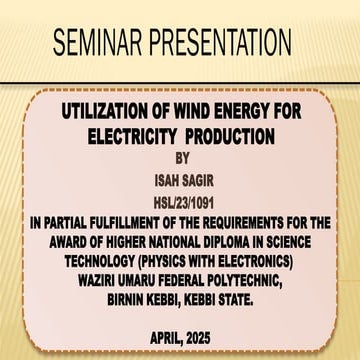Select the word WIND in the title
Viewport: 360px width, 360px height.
click(198, 112)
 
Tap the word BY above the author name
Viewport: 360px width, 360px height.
click(180, 155)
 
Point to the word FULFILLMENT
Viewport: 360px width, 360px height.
click(129, 212)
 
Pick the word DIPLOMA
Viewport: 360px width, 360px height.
click(231, 228)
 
